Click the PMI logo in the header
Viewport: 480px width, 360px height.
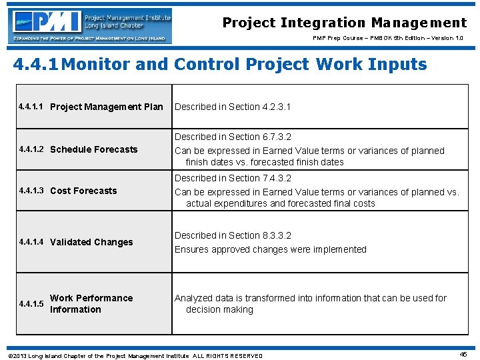coord(89,25)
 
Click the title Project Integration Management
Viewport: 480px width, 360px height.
coord(344,23)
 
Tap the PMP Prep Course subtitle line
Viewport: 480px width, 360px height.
coord(390,38)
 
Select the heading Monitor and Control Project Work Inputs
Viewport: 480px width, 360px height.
coord(220,65)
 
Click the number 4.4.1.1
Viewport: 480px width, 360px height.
coord(31,107)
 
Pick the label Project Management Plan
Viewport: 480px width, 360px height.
coord(107,107)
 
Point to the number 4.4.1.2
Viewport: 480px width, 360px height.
coord(31,149)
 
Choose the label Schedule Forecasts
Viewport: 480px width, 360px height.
coord(94,149)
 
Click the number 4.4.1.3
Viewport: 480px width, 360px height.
coord(31,191)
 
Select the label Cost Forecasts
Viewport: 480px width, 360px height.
coord(83,191)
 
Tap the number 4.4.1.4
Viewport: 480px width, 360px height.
coord(31,242)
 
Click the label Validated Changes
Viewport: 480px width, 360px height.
coord(91,242)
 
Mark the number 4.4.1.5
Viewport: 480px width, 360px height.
coord(31,304)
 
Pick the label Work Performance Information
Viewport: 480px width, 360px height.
coord(91,303)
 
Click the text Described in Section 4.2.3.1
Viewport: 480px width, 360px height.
coord(233,107)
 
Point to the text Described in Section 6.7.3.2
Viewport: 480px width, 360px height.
coord(233,137)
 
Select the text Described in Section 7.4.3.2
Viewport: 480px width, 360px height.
coord(233,178)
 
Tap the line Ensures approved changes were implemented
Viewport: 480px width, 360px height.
coord(271,249)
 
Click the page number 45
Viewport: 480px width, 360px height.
coord(463,355)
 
